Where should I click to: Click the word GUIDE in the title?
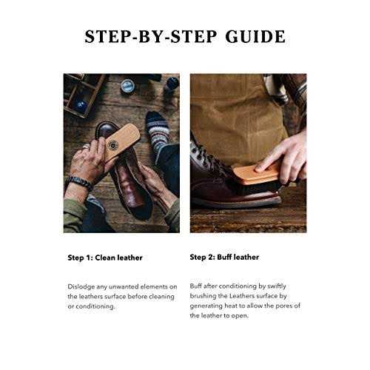tap(255, 37)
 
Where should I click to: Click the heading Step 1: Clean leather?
tap(105, 258)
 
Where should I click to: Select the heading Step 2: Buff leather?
tap(224, 258)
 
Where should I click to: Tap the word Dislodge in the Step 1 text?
tap(81, 287)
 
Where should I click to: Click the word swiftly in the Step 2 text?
tap(277, 286)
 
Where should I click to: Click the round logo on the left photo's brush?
tap(112, 144)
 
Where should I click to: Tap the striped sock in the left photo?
tap(157, 132)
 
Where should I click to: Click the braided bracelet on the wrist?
tap(79, 183)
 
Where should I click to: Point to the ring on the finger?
tap(86, 147)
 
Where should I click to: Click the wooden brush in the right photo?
tap(257, 175)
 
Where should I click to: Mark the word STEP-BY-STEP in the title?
tap(151, 37)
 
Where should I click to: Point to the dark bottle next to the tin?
tap(172, 84)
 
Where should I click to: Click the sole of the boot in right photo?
tap(236, 202)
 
